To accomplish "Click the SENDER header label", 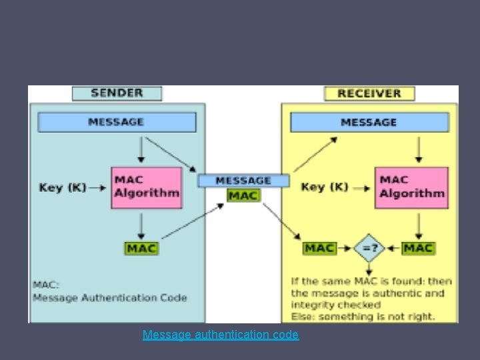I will coord(117,93).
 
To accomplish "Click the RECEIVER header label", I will coord(369,93).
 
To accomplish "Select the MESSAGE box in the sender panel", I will coord(117,122).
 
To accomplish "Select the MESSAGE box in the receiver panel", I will coord(369,123).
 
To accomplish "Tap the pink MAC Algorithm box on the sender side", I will coord(146,187).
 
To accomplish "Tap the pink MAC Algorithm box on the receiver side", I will coord(411,187).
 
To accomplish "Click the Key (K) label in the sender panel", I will coord(63,187).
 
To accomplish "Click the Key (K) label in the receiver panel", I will coord(325,187).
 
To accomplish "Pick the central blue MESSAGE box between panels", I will coord(243,181).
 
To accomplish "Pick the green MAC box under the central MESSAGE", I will coord(243,196).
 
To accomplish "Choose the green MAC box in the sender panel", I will coord(141,248).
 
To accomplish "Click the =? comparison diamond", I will coord(369,248).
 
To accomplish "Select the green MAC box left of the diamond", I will coord(319,248).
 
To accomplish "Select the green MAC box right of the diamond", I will coord(418,248).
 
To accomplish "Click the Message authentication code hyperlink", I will coord(221,335).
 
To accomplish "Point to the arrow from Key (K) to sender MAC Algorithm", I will coord(97,188).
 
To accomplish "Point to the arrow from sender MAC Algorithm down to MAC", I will coord(141,227).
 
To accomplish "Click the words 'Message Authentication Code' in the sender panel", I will coord(110,298).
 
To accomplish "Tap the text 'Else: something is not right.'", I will coord(362,316).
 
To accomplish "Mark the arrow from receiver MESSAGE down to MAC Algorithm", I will coord(418,149).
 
